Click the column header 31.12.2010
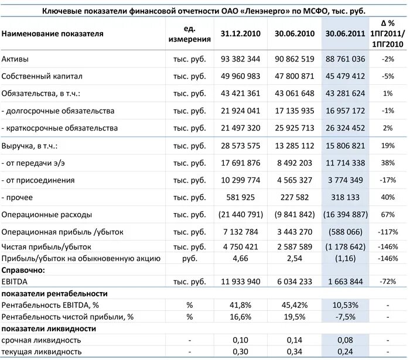pyautogui.click(x=241, y=33)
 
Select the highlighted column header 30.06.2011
pyautogui.click(x=345, y=33)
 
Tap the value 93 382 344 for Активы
pyautogui.click(x=241, y=59)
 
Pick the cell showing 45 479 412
pyautogui.click(x=345, y=76)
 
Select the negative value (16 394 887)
pyautogui.click(x=344, y=215)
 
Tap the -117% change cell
pyautogui.click(x=387, y=232)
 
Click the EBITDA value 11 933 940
pyautogui.click(x=241, y=282)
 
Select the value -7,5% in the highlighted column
pyautogui.click(x=345, y=317)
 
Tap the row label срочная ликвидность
pyautogui.click(x=41, y=340)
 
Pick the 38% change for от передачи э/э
pyautogui.click(x=387, y=163)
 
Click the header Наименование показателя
pyautogui.click(x=53, y=33)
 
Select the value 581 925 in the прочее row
pyautogui.click(x=241, y=197)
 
